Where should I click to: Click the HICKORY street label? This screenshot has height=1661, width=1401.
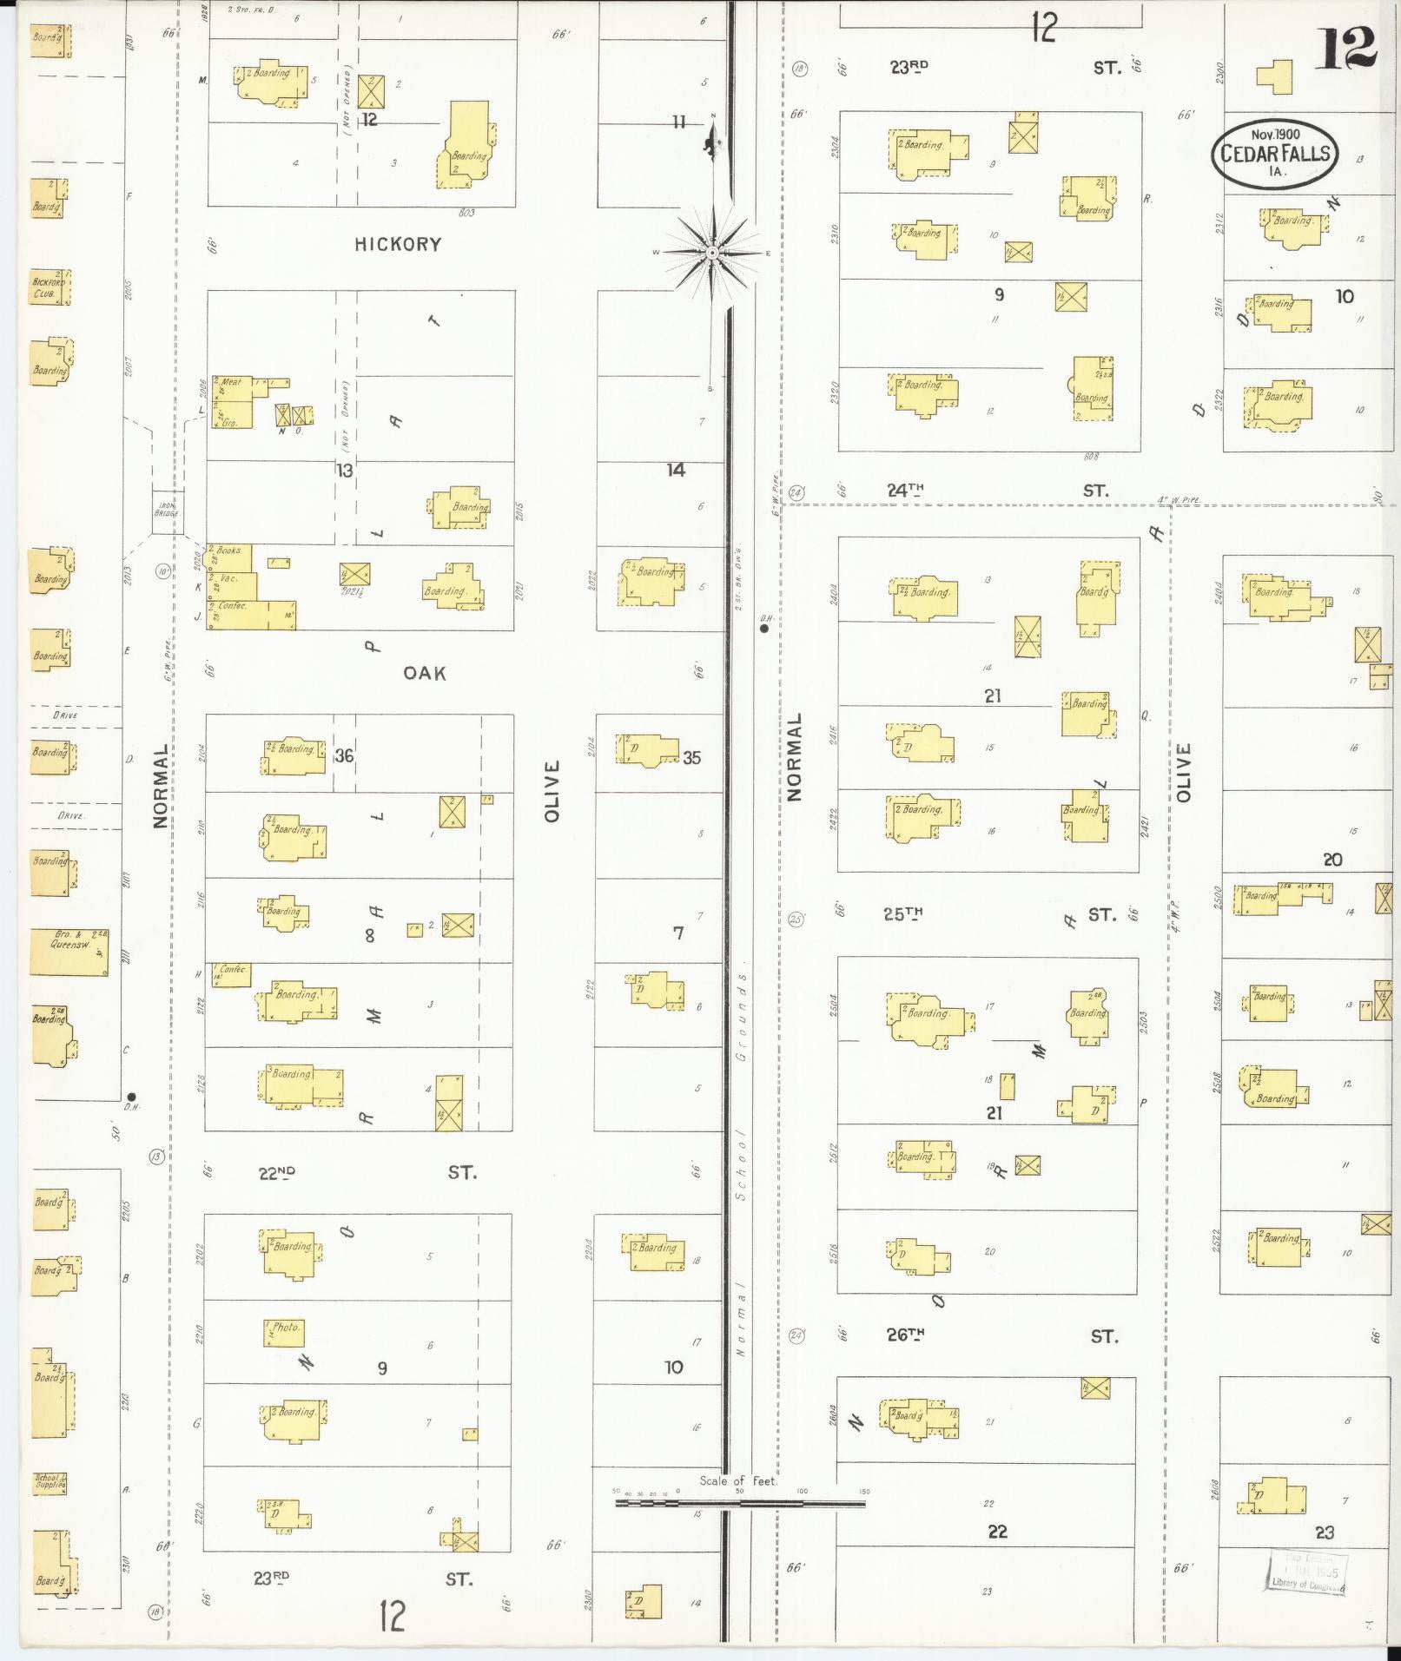[x=398, y=245]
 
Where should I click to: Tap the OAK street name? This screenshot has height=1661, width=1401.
[x=425, y=673]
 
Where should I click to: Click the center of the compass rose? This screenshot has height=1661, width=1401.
[x=712, y=253]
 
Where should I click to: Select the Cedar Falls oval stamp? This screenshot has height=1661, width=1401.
[x=1275, y=153]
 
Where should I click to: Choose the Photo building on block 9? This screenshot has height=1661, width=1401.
[x=284, y=1333]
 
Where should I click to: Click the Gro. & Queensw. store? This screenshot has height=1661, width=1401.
[x=69, y=952]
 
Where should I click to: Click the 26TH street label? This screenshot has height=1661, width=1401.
[x=905, y=1335]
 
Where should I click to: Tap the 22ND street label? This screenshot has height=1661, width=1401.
[x=277, y=1173]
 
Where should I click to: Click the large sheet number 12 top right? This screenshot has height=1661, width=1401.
[x=1347, y=48]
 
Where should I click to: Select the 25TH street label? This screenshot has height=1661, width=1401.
[x=903, y=913]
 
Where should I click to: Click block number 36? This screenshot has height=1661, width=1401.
[x=344, y=756]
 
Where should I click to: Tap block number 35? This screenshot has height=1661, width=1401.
[x=691, y=758]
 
